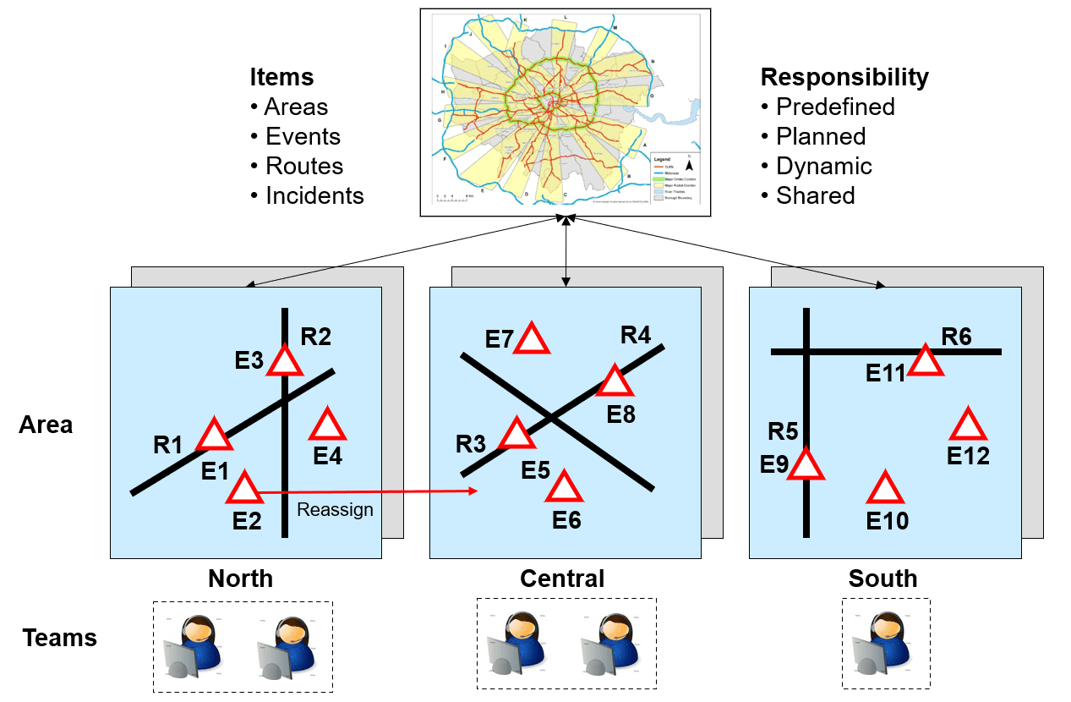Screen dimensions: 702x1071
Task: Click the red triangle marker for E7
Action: (532, 339)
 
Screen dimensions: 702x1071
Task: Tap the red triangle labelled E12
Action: (969, 425)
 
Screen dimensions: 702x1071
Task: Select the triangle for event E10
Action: (886, 489)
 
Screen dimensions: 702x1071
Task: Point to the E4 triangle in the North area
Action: (328, 425)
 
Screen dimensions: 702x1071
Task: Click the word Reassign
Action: (335, 510)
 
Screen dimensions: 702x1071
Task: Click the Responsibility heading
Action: (844, 77)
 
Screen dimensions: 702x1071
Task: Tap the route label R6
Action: (957, 337)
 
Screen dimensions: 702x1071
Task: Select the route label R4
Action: (636, 335)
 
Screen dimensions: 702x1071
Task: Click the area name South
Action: (882, 579)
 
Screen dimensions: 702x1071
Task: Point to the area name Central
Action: (562, 579)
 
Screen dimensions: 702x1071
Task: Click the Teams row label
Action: (60, 638)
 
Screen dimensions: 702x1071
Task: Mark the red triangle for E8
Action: (615, 382)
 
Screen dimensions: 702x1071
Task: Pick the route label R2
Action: (315, 337)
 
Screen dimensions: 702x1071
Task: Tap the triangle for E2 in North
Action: (245, 489)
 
